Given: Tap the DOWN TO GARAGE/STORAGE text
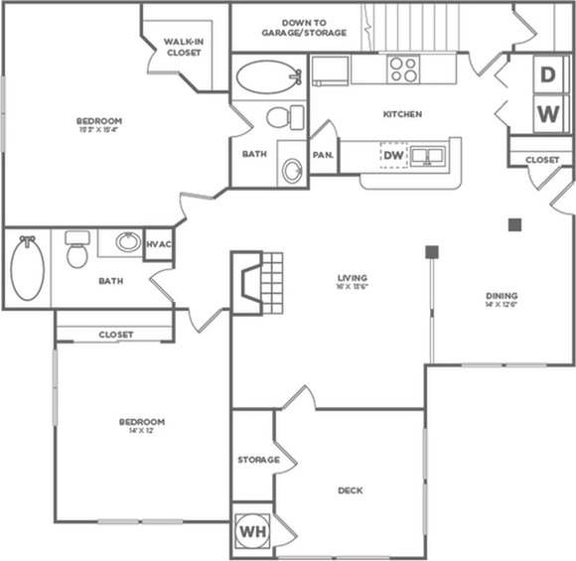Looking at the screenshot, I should [x=304, y=27].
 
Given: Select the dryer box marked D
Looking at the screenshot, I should [x=547, y=74].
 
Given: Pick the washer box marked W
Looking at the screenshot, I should [x=547, y=113].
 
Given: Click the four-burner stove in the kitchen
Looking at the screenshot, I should [x=403, y=69].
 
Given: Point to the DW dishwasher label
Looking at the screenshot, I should [x=394, y=156].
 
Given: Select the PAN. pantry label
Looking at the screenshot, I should [x=323, y=155].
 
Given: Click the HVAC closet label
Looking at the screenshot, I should [x=159, y=243].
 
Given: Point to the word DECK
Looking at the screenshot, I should [x=350, y=491].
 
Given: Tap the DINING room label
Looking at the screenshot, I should [x=502, y=296].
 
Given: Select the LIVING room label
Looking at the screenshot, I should [x=353, y=277].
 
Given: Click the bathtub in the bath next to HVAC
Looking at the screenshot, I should [x=28, y=268].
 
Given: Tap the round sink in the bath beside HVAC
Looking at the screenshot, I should [x=128, y=241].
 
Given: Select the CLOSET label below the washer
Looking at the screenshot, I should [x=542, y=159].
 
